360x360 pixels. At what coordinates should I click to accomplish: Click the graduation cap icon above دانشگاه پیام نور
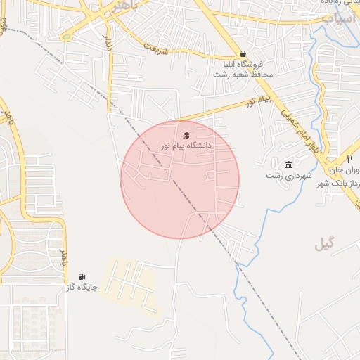click(186, 135)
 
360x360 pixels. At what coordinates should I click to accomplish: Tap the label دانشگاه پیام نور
click(186, 146)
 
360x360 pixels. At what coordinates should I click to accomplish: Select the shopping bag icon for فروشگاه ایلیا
click(243, 53)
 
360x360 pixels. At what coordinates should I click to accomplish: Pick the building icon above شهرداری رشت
click(288, 165)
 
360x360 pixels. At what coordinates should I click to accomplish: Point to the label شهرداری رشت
click(283, 175)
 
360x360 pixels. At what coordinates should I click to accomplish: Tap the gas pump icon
click(83, 276)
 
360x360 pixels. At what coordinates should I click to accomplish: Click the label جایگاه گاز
click(82, 288)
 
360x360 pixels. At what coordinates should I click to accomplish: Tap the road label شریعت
click(157, 46)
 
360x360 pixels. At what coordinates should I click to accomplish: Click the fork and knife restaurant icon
click(349, 160)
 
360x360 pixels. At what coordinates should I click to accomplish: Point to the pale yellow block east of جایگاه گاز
click(130, 285)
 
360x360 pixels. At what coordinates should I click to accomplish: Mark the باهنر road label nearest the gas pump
click(63, 258)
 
